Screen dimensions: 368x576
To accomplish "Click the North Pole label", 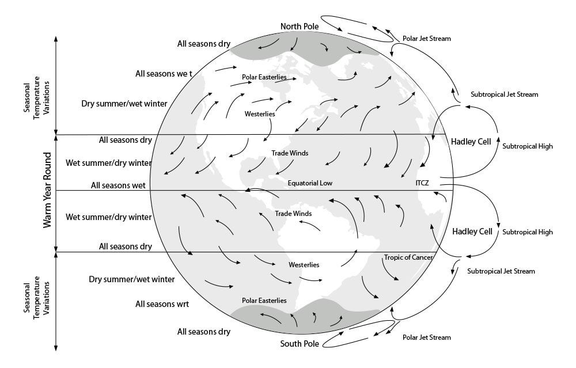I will pos(299,26).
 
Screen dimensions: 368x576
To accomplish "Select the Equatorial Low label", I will pos(310,183).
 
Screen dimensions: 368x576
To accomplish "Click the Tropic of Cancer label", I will pos(408,257).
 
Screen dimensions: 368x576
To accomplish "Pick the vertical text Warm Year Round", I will pos(48,190).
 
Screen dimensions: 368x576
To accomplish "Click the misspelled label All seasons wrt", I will pos(162,303).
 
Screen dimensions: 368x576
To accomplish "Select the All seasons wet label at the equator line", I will pos(118,185).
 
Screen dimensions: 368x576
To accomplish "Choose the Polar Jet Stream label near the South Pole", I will pos(427,337).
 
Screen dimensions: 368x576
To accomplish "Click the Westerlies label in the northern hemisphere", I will pos(260,114).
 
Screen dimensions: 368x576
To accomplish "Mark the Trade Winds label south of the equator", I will pos(293,214).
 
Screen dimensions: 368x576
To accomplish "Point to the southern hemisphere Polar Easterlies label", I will pos(264,300).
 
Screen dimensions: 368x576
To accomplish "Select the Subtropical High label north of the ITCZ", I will pos(528,146).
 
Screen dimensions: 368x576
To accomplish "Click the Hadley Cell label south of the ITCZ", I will pos(472,232).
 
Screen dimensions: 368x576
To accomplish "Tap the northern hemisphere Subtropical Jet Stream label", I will pos(505,94).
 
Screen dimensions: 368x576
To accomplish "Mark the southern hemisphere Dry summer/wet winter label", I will pos(132,279).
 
